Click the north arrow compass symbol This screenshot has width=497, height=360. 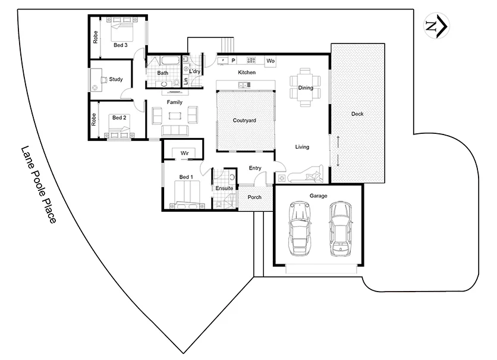pyautogui.click(x=436, y=26)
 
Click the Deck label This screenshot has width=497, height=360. pyautogui.click(x=357, y=114)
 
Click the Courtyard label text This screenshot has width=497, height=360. pyautogui.click(x=244, y=120)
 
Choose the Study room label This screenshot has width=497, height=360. pyautogui.click(x=116, y=79)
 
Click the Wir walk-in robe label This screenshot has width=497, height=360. pyautogui.click(x=185, y=153)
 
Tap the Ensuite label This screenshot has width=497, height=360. pyautogui.click(x=224, y=188)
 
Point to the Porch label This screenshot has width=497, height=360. pyautogui.click(x=254, y=197)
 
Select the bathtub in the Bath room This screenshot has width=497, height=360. pyautogui.click(x=162, y=60)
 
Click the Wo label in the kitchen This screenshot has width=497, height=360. pyautogui.click(x=270, y=61)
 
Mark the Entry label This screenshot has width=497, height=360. pyautogui.click(x=255, y=168)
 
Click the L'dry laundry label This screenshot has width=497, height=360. pyautogui.click(x=195, y=71)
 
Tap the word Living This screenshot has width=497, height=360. pyautogui.click(x=302, y=146)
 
